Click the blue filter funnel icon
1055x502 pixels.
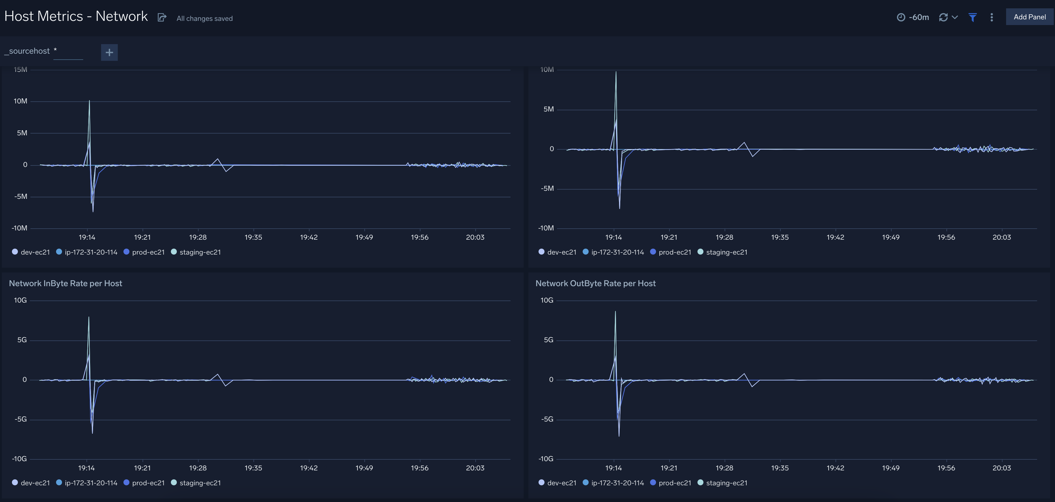coord(972,17)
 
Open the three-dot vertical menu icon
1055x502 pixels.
coord(991,17)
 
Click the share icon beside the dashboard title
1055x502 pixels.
coord(162,17)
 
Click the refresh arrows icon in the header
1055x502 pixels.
coord(943,17)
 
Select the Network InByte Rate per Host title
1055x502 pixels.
coord(66,283)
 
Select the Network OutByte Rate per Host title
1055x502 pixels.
coord(595,283)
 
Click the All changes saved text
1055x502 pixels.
coord(204,18)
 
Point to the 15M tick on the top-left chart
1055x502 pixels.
coord(21,70)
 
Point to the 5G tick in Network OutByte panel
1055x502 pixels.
coord(548,340)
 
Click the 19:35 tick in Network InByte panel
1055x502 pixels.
coord(253,468)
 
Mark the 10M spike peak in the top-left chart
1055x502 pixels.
coord(89,101)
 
